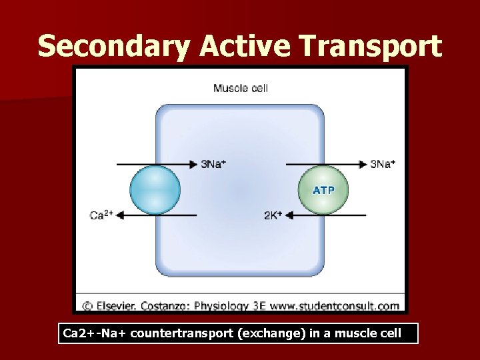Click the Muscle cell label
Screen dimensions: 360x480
coord(240,87)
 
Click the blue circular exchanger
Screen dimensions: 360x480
coord(155,189)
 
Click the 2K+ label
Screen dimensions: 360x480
coord(273,215)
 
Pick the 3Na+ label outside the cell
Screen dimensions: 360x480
coord(382,164)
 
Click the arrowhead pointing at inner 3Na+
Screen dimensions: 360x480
coord(194,164)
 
